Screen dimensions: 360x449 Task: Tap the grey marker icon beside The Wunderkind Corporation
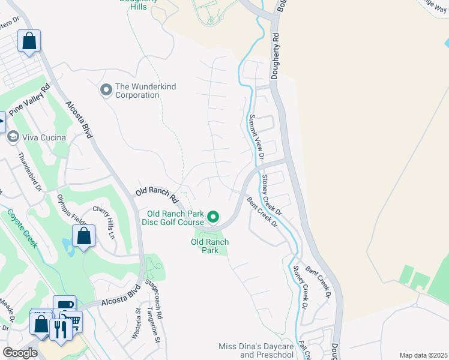click(x=106, y=90)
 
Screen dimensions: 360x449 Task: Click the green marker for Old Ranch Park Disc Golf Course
click(x=213, y=216)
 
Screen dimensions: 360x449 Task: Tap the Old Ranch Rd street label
click(x=157, y=193)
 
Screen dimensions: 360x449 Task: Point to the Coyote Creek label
click(x=22, y=229)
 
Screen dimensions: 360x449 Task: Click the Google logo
click(x=20, y=353)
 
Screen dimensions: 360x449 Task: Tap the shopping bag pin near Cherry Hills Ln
click(x=83, y=235)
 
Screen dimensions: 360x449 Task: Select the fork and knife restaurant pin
click(x=59, y=329)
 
